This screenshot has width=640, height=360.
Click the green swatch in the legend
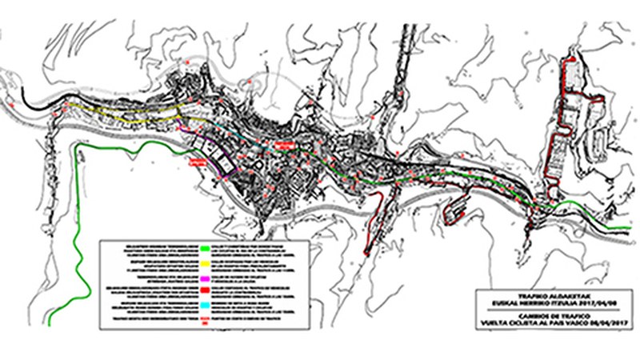point(206,247)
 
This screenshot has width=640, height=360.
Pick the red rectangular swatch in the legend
point(206,289)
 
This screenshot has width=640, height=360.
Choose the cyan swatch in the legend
point(206,304)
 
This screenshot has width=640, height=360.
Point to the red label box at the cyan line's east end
point(282,144)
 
